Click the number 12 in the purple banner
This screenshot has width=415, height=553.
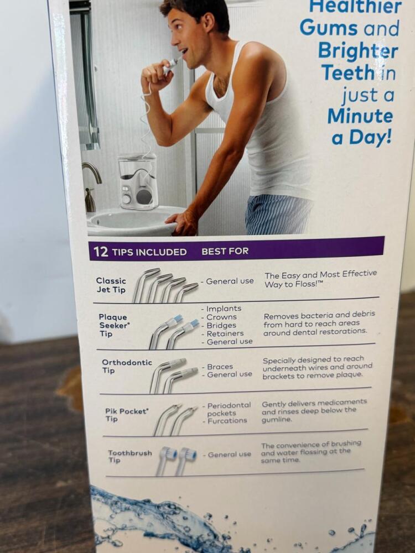click(101, 252)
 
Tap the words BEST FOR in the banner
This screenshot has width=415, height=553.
click(225, 251)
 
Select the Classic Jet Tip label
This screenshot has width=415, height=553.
click(111, 285)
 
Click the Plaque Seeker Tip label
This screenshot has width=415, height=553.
click(113, 325)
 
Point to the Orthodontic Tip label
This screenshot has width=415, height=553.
click(127, 366)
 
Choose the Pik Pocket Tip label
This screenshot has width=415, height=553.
click(127, 415)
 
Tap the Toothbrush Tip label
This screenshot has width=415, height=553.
click(130, 456)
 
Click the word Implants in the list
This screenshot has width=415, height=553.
click(224, 309)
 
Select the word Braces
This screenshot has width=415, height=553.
click(220, 367)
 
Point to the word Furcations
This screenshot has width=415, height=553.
click(227, 420)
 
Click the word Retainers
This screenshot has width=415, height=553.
click(225, 333)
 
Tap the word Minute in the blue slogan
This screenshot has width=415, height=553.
click(360, 116)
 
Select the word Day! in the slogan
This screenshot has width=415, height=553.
click(370, 137)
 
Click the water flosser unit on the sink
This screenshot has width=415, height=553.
click(137, 181)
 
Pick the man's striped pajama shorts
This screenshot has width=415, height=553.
click(279, 214)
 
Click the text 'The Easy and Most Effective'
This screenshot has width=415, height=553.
click(321, 274)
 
